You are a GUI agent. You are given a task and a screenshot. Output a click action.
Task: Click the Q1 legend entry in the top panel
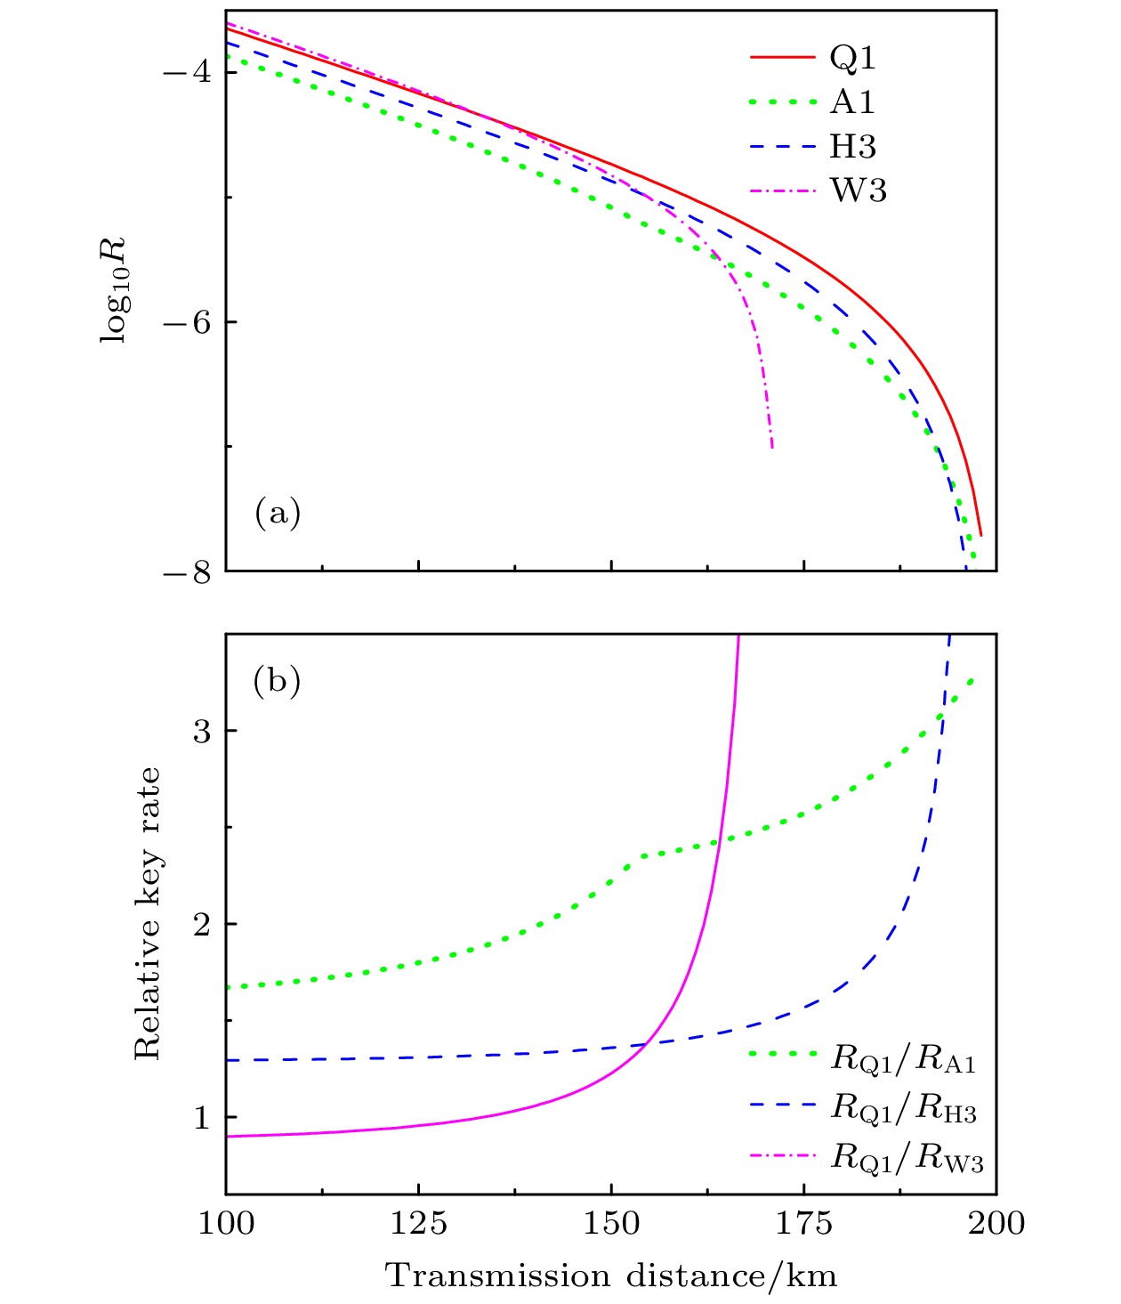852,58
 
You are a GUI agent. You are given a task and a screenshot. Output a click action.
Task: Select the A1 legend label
852,102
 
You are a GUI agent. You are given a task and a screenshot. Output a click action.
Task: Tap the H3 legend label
853,147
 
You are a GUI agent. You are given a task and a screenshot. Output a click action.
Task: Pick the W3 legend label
858,190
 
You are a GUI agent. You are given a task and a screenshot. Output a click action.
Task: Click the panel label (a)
278,513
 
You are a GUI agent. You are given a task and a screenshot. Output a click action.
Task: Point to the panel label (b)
277,681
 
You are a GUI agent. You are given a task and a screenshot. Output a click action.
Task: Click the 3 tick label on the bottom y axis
202,731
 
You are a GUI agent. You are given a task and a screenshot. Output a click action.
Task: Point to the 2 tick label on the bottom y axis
202,924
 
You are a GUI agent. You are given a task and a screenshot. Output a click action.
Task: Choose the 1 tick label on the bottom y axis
202,1117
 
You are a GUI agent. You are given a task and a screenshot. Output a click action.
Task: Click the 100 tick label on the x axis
226,1223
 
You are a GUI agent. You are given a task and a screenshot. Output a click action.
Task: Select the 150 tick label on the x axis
611,1223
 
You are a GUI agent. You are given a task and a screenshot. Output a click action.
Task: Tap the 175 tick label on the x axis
804,1223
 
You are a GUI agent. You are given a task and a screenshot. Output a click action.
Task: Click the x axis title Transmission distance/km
611,1276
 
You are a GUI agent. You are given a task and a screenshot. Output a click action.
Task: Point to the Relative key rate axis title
148,913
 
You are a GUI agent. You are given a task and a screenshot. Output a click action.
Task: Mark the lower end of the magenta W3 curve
771,447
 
